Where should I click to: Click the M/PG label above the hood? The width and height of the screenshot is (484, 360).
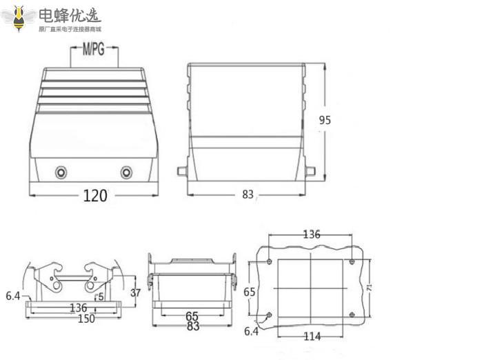click(94, 50)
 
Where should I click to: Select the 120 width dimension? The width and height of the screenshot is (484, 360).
click(95, 196)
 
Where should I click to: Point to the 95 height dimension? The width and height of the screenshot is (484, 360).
click(325, 119)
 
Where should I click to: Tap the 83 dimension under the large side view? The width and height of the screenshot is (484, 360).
click(248, 194)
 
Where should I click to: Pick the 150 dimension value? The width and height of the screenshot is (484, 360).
click(85, 319)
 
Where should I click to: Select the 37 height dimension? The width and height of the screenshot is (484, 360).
click(135, 292)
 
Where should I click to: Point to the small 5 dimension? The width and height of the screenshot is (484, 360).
click(101, 297)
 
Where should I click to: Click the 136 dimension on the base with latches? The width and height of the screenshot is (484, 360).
click(77, 308)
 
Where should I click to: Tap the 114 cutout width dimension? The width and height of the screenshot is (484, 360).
click(312, 337)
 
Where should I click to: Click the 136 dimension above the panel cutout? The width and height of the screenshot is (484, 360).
click(312, 234)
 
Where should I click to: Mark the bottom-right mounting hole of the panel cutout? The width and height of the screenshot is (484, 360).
click(352, 315)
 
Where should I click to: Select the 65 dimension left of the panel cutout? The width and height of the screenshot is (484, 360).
click(250, 292)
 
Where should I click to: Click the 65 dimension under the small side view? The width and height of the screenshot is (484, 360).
click(192, 317)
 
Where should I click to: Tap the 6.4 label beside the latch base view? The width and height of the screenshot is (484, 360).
click(12, 296)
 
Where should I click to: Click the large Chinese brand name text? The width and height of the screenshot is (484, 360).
click(69, 15)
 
